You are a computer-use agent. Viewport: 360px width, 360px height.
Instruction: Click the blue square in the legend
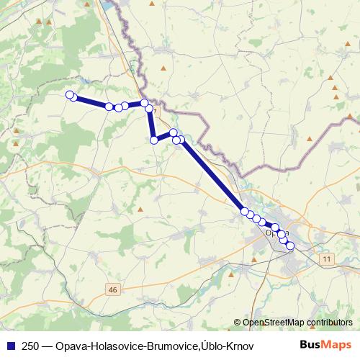12,346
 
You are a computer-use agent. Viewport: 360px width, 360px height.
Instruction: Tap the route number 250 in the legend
31,346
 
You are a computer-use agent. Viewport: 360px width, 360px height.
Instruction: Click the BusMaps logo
325,346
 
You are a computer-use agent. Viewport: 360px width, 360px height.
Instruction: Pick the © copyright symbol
237,322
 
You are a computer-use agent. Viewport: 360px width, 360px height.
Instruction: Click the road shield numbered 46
112,289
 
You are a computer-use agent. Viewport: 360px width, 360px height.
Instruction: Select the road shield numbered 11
328,258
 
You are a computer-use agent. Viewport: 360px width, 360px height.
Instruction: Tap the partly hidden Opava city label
277,232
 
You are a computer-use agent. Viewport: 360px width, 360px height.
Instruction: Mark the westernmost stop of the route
70,95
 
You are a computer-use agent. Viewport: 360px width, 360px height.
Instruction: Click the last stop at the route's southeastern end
290,246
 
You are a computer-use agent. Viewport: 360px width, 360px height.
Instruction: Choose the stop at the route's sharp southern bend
153,140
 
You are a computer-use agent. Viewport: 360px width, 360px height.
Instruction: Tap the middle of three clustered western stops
118,107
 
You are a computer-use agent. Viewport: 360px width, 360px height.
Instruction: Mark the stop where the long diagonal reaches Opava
245,211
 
